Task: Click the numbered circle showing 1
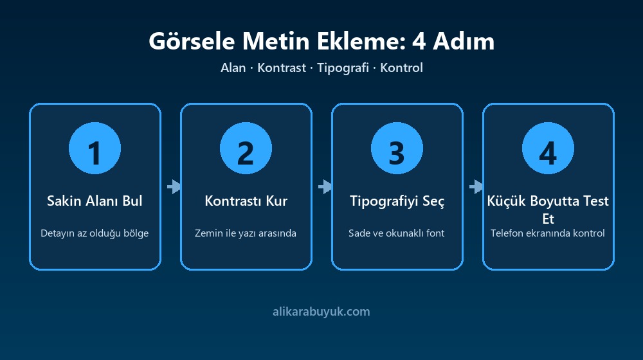click(95, 148)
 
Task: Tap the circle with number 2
click(246, 148)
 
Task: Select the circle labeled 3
click(397, 148)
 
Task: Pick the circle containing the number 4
click(548, 148)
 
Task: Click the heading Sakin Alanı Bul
click(95, 201)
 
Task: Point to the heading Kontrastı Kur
click(246, 201)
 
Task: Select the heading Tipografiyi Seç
click(397, 201)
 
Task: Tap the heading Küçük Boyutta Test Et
click(548, 210)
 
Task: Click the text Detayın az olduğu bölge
click(95, 233)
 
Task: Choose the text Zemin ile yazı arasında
click(245, 233)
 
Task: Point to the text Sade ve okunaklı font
click(397, 233)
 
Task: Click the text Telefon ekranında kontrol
click(548, 233)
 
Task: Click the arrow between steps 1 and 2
click(174, 186)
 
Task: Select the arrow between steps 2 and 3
click(325, 186)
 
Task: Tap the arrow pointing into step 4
click(476, 186)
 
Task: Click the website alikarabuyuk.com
click(321, 312)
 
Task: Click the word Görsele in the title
click(192, 41)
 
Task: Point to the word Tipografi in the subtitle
click(343, 67)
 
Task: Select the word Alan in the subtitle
click(233, 67)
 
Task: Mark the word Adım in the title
click(464, 41)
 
